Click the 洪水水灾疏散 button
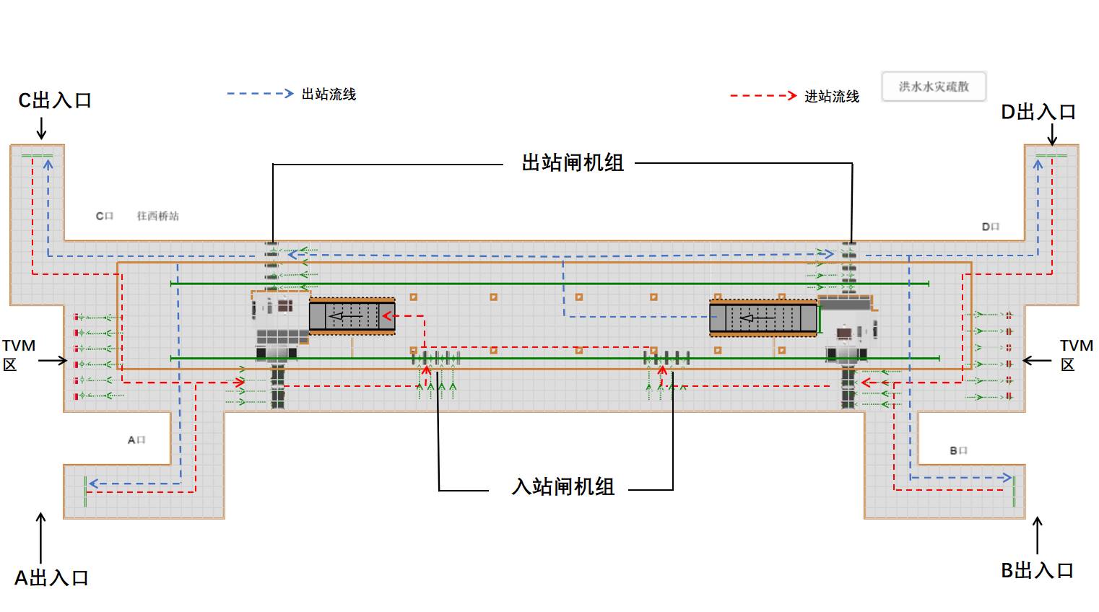coord(933,87)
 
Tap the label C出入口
coord(55,100)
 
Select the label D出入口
coord(1038,112)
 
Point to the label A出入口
coord(51,577)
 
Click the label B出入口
coord(1037,570)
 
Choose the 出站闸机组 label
coord(573,163)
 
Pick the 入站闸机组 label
coord(563,486)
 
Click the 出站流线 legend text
coord(329,95)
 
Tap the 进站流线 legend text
coord(832,97)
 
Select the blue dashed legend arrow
coord(260,94)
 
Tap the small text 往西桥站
coord(158,216)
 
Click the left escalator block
coord(352,316)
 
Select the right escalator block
coord(763,318)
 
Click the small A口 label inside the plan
coord(136,440)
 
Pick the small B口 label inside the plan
coord(958,450)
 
